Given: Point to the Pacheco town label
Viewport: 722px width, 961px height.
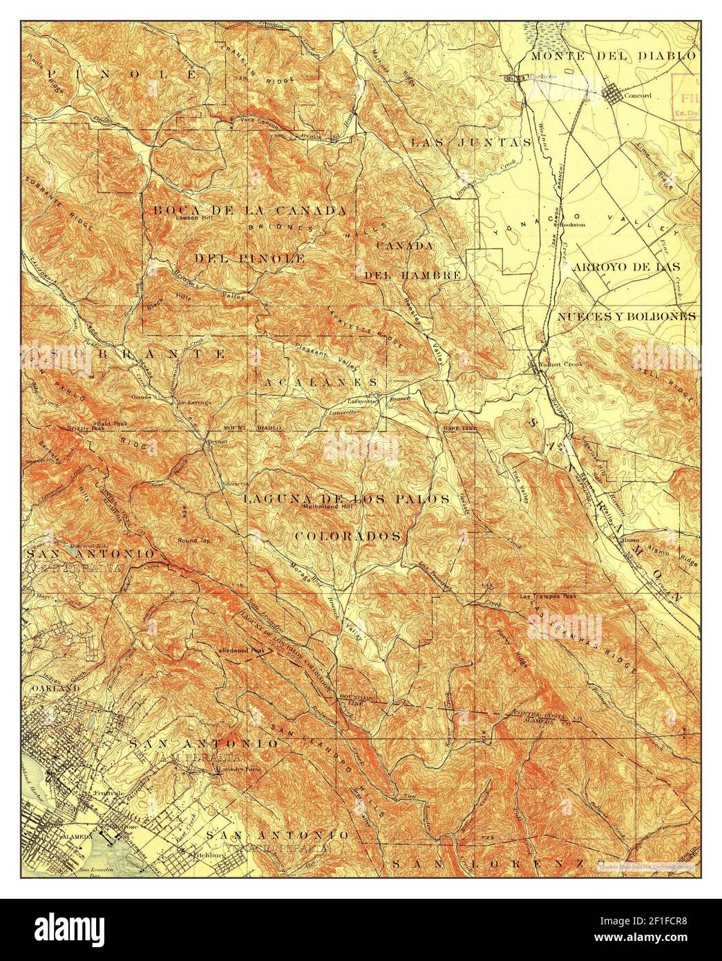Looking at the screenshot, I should [x=542, y=77].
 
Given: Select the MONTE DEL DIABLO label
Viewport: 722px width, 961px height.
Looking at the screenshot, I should [x=622, y=55].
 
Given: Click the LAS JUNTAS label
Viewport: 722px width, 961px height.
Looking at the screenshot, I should [x=471, y=143].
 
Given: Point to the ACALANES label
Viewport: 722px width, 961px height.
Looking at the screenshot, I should [x=321, y=382].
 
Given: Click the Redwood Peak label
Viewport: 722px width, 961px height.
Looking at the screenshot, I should [x=243, y=651].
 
